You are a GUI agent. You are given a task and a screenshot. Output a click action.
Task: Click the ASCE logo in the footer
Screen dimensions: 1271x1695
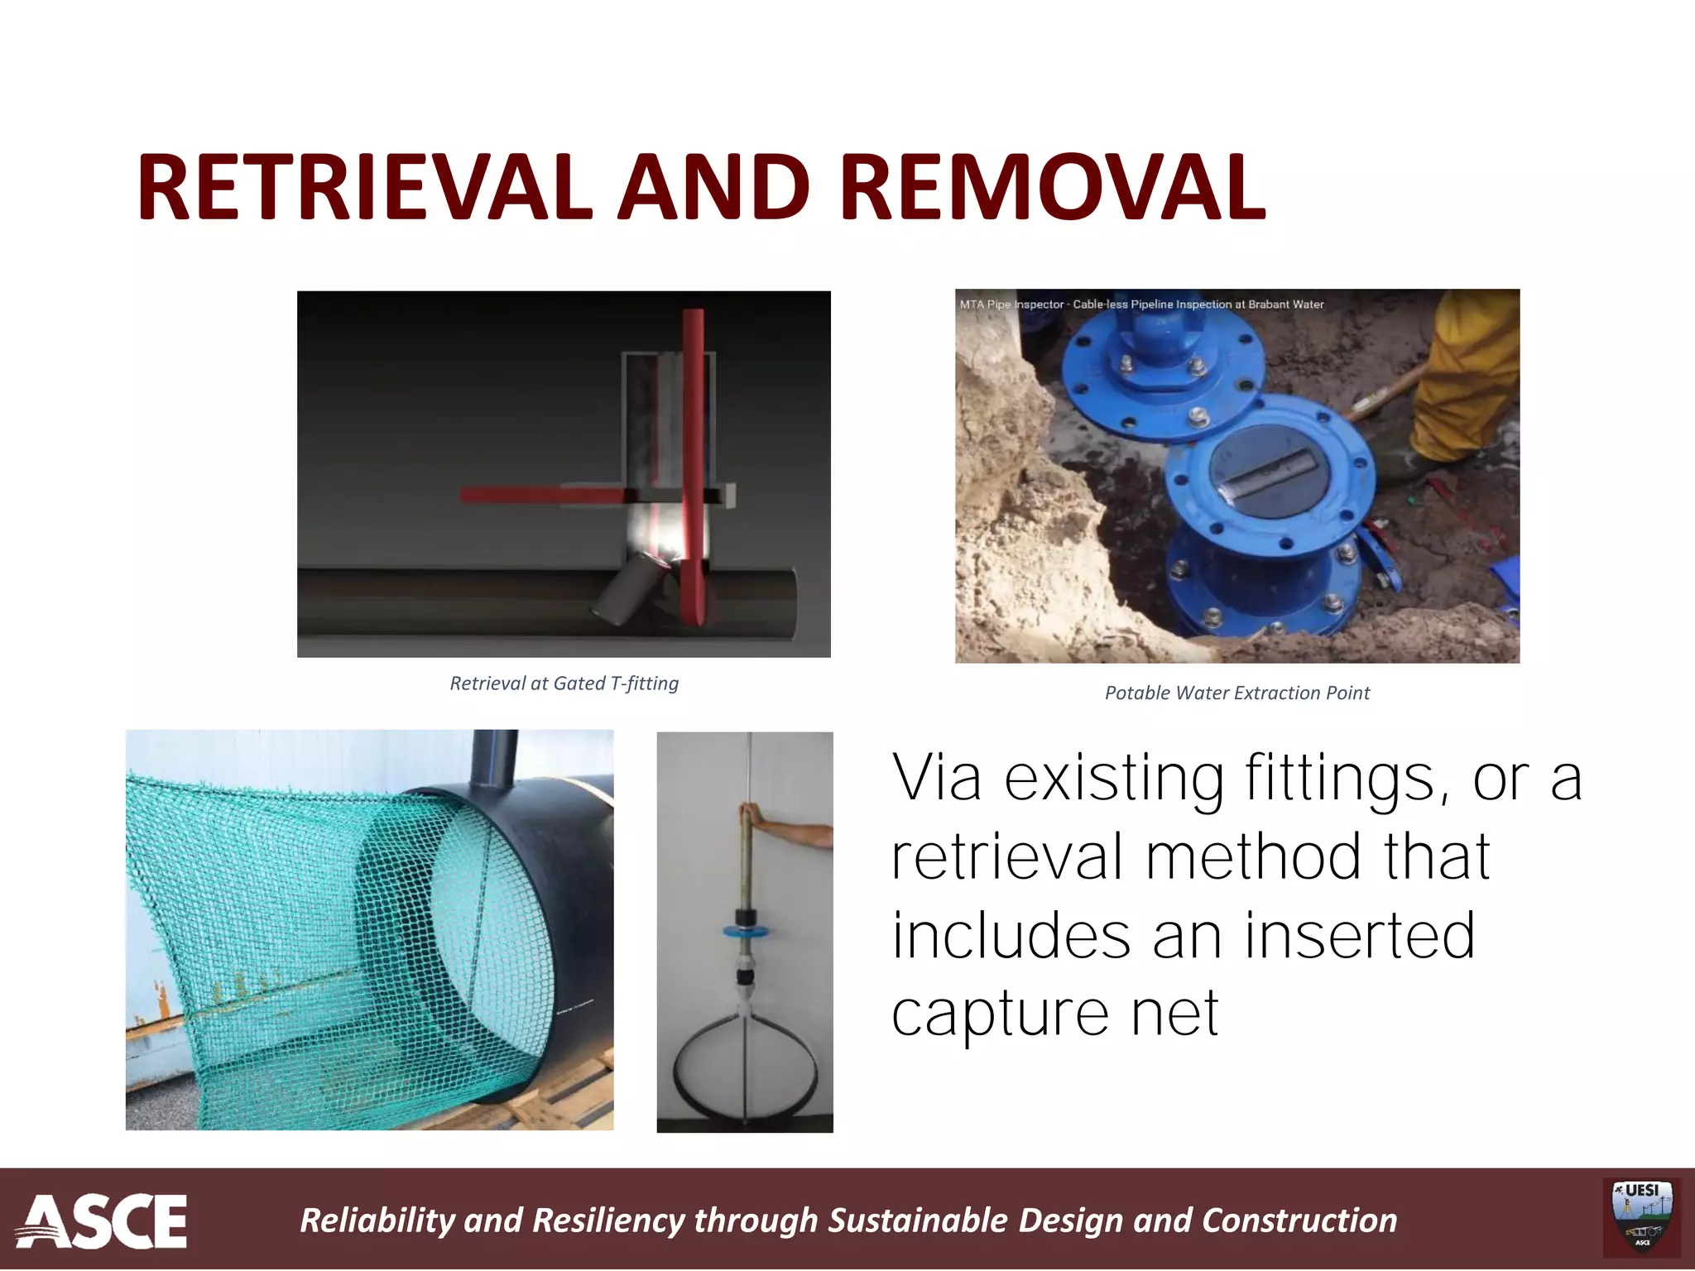(101, 1221)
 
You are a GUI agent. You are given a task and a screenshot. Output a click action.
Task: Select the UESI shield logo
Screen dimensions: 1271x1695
(1642, 1216)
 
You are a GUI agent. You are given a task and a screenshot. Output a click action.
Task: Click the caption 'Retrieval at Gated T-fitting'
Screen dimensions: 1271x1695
(564, 683)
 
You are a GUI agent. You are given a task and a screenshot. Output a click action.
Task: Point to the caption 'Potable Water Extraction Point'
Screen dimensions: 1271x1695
(1236, 693)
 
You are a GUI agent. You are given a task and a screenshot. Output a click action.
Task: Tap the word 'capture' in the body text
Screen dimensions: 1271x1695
(1000, 1013)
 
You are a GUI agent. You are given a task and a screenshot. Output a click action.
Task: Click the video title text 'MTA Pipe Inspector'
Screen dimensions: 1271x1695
(1011, 305)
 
